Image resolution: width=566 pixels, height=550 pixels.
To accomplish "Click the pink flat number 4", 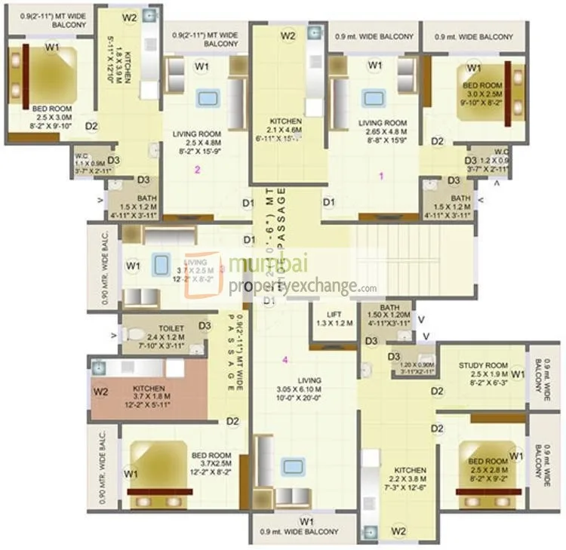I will (x=285, y=360).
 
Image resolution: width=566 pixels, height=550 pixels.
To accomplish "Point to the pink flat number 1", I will (x=381, y=176).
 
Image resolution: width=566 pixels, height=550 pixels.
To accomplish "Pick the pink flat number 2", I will (x=198, y=170).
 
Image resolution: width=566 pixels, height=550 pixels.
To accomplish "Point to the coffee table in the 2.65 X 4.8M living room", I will (x=371, y=99).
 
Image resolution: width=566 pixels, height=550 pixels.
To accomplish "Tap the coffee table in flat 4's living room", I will (x=292, y=466).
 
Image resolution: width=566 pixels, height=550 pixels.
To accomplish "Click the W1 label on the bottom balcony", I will (x=306, y=521).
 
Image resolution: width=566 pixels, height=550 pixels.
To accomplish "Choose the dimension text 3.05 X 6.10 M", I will (x=299, y=389).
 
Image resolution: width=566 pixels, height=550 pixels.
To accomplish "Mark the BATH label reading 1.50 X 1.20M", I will (x=390, y=307).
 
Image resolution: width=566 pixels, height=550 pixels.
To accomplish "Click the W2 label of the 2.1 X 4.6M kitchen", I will (x=288, y=35).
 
